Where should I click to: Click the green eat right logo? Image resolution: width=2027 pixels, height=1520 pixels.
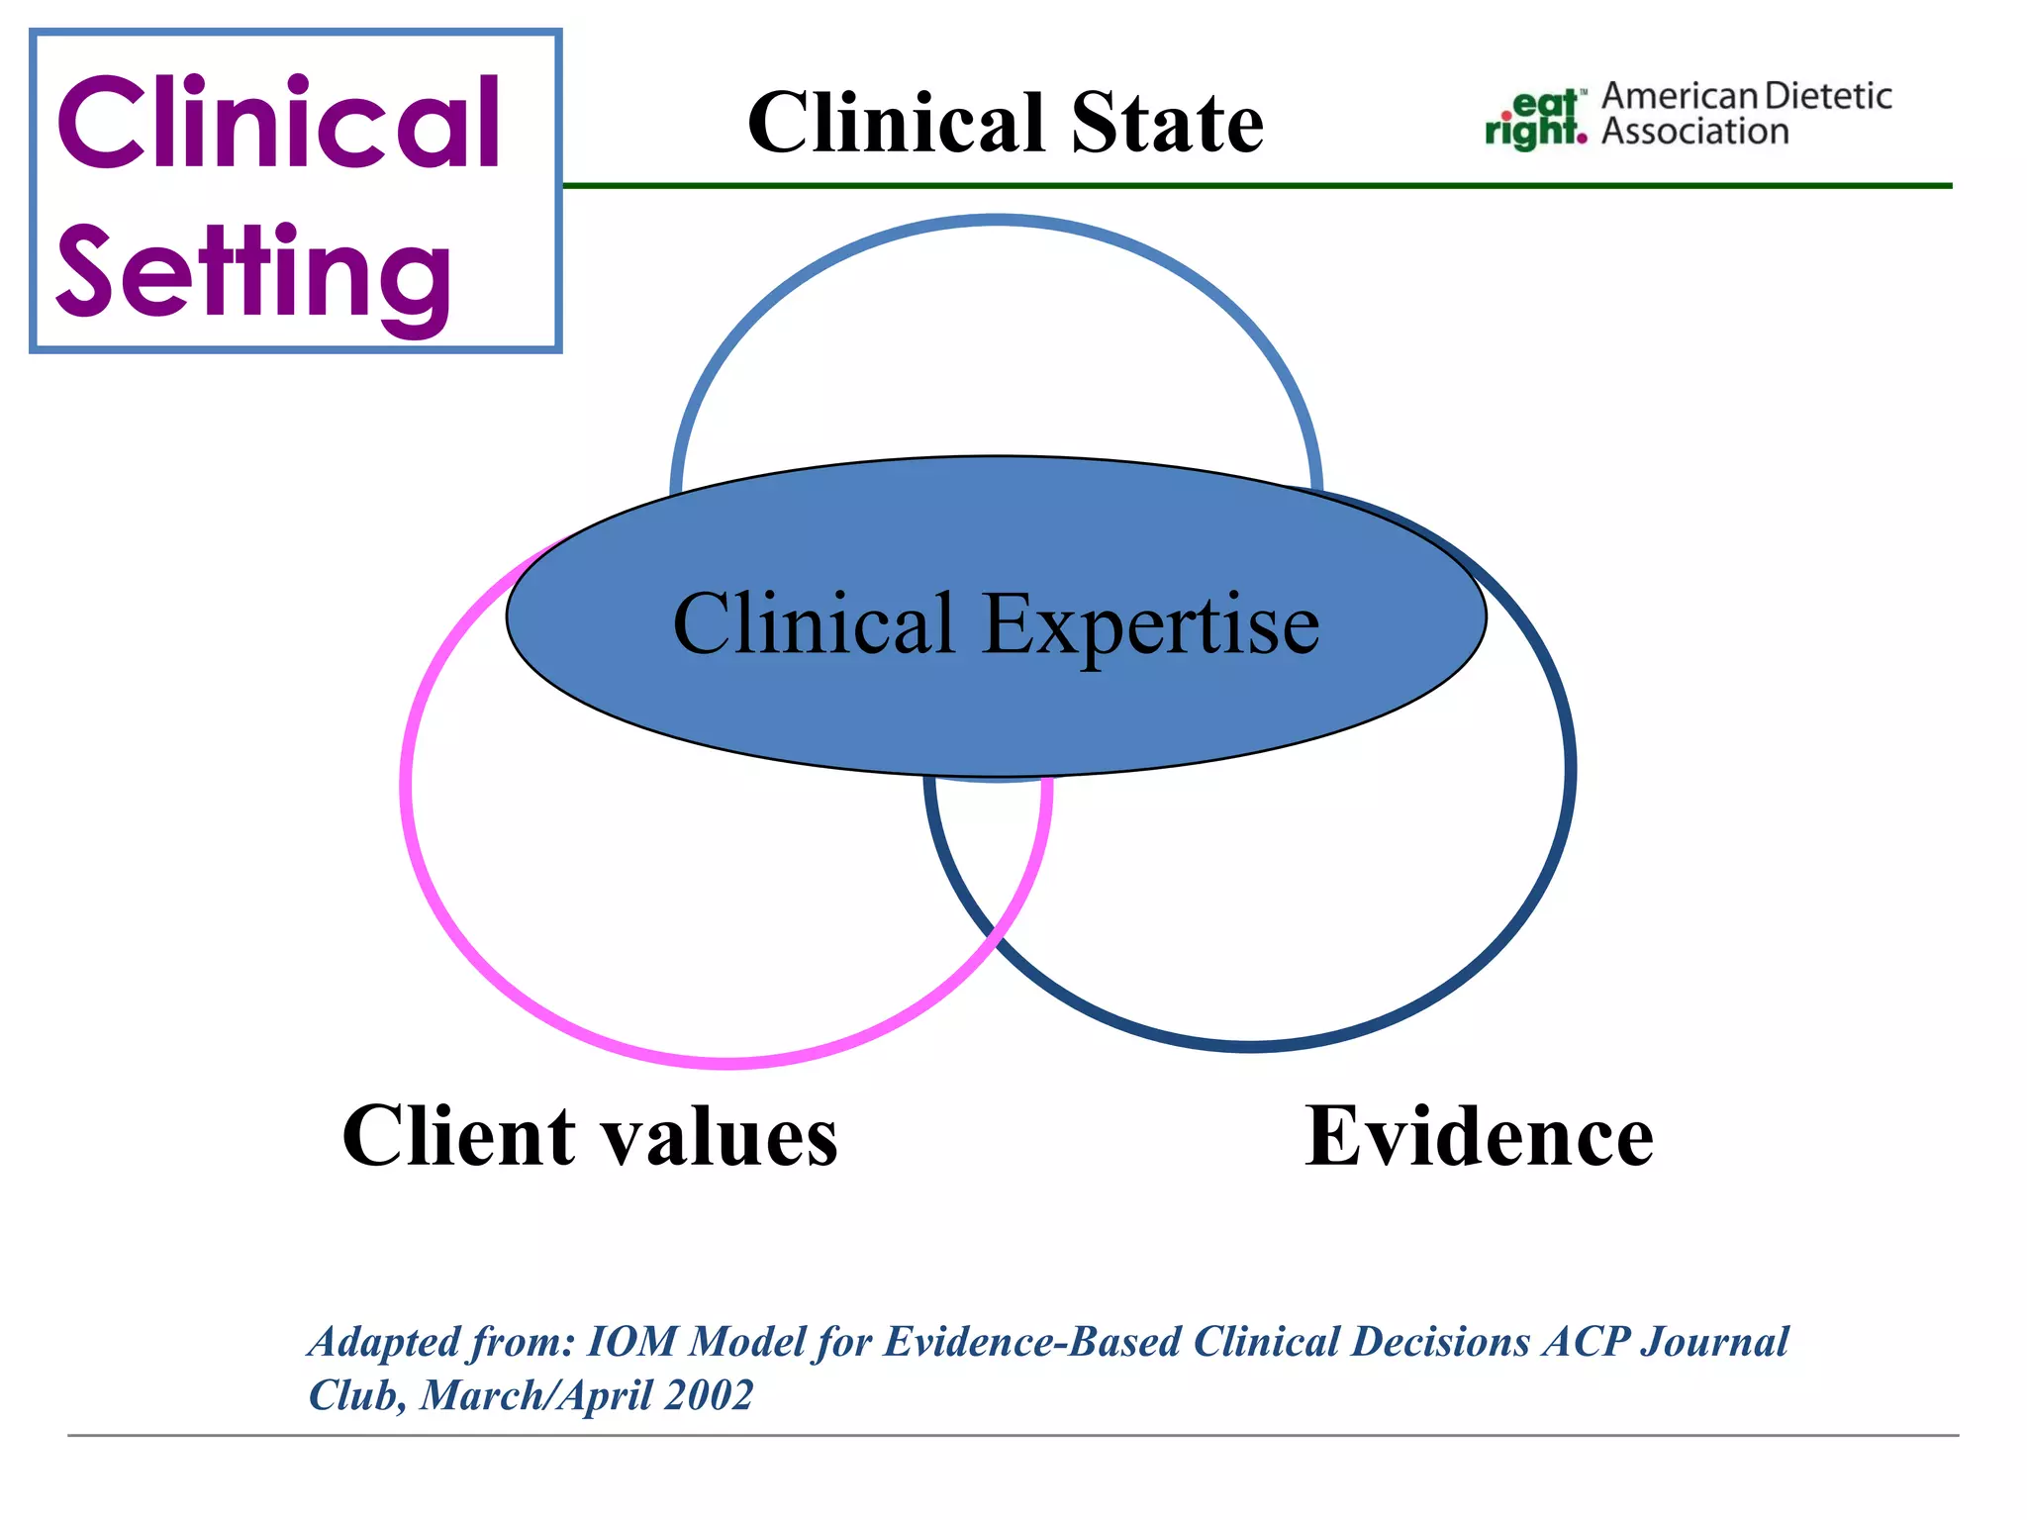point(1535,120)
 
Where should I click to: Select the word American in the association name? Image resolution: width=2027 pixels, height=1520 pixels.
point(1680,97)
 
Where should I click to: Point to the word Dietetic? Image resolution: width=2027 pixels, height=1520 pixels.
point(1828,97)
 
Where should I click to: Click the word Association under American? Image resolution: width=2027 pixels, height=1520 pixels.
point(1694,132)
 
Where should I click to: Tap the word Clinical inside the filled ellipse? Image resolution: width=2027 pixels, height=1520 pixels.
point(814,624)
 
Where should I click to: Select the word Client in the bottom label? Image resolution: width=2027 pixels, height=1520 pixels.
point(458,1136)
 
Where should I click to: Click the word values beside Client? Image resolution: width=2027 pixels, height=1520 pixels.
point(721,1138)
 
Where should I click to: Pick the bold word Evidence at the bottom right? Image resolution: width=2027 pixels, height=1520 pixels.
point(1479,1136)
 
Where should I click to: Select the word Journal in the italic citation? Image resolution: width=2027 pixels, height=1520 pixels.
point(1714,1343)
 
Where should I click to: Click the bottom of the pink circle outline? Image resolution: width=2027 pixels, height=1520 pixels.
point(727,1063)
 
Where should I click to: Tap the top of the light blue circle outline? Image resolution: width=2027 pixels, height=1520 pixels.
point(997,221)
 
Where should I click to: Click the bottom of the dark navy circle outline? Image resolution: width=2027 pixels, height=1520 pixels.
point(1250,1045)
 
